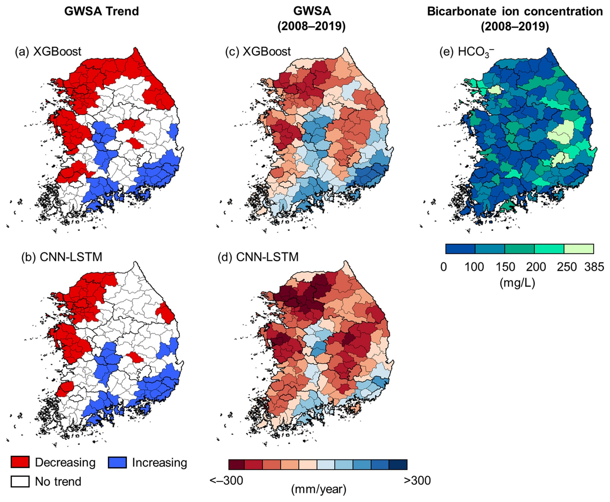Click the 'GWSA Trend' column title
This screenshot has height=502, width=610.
pyautogui.click(x=101, y=12)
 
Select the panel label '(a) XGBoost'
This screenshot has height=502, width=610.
pyautogui.click(x=48, y=51)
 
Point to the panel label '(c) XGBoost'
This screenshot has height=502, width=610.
pyautogui.click(x=258, y=51)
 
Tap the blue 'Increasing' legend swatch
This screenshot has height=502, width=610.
pyautogui.click(x=117, y=462)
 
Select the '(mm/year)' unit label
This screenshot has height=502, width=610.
pyautogui.click(x=318, y=495)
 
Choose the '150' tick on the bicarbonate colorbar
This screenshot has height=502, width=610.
pyautogui.click(x=505, y=267)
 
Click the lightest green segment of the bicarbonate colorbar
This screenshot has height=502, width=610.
pyautogui.click(x=579, y=249)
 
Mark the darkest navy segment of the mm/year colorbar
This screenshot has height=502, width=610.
pyautogui.click(x=398, y=464)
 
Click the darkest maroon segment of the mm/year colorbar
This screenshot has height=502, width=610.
pyautogui.click(x=237, y=464)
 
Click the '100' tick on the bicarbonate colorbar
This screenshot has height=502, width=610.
pyautogui.click(x=474, y=267)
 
